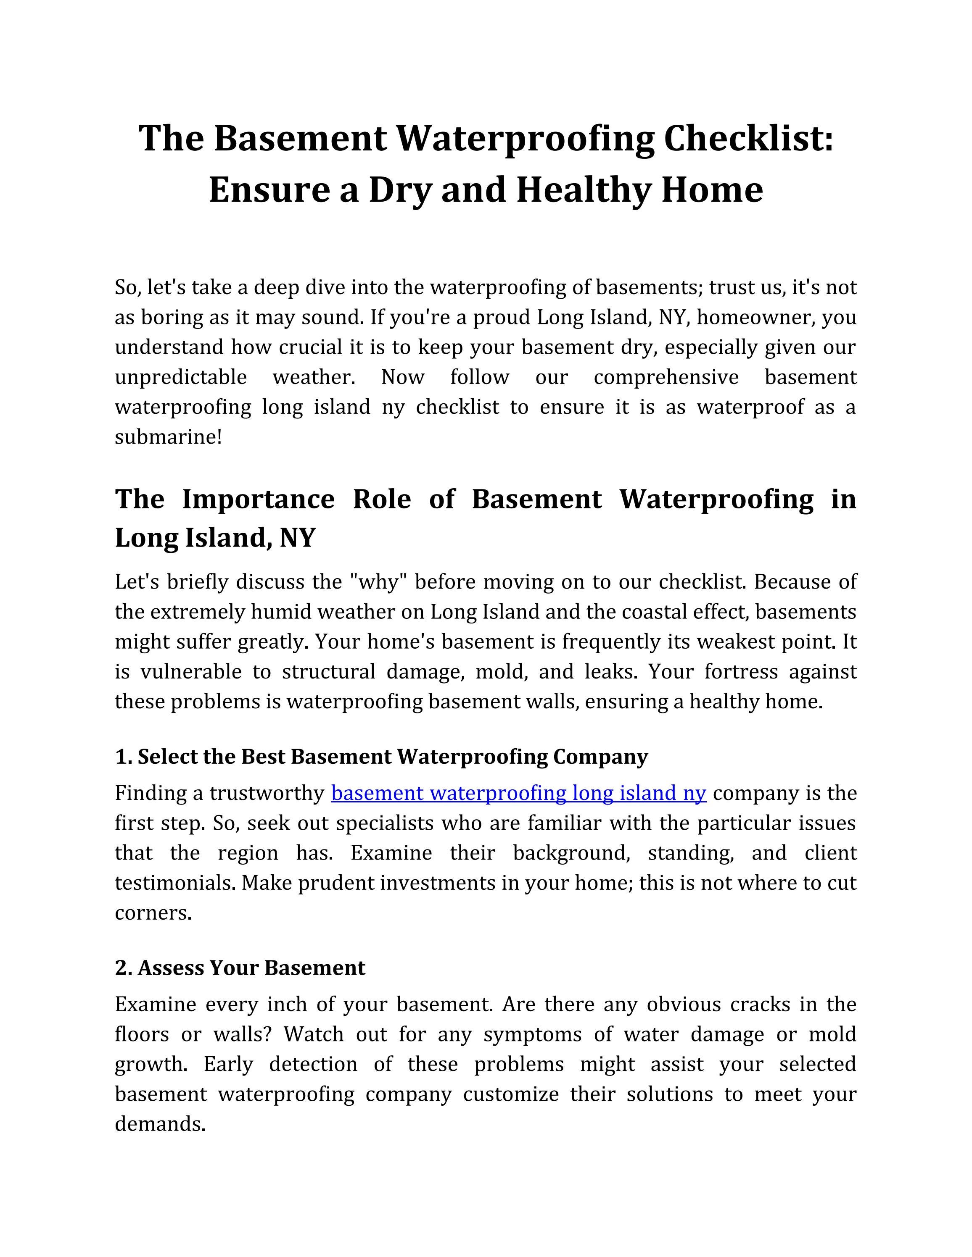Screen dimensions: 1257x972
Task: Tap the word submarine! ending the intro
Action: pyautogui.click(x=168, y=437)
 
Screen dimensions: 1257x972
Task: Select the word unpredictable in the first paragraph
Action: pyautogui.click(x=181, y=378)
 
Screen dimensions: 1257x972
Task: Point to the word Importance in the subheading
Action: pyautogui.click(x=258, y=499)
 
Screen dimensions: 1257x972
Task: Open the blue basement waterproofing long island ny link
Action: pyautogui.click(x=518, y=794)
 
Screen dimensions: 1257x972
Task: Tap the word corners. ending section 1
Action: pyautogui.click(x=153, y=913)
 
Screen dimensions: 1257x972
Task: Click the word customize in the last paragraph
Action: pyautogui.click(x=511, y=1094)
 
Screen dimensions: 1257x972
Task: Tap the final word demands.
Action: pyautogui.click(x=160, y=1124)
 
